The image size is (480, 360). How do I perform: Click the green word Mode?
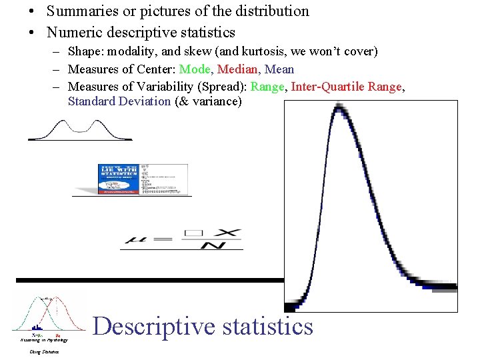click(195, 69)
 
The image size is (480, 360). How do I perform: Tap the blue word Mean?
click(279, 69)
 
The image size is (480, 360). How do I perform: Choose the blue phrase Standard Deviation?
click(119, 101)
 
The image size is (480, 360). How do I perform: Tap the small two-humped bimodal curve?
click(80, 129)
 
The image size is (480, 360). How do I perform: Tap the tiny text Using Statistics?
click(44, 351)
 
